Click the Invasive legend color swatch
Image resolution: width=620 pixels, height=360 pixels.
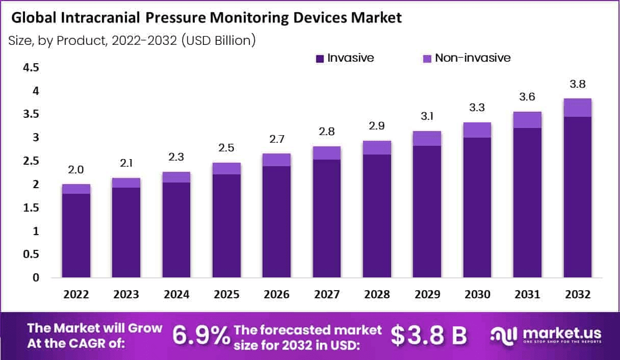point(320,59)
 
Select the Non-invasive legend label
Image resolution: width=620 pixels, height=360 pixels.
point(472,58)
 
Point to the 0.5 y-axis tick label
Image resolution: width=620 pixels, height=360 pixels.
point(32,254)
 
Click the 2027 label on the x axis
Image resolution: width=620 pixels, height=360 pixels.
point(327,295)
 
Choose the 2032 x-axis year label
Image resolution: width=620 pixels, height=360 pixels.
point(577,295)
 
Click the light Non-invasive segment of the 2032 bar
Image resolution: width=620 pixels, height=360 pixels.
point(577,108)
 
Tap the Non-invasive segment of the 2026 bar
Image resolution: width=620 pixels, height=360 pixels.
point(277,160)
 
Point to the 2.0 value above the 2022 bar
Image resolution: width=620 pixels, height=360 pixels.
point(76,170)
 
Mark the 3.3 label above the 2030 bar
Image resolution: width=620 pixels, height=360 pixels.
point(477,108)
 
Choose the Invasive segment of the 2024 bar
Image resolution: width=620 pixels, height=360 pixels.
point(177,229)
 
